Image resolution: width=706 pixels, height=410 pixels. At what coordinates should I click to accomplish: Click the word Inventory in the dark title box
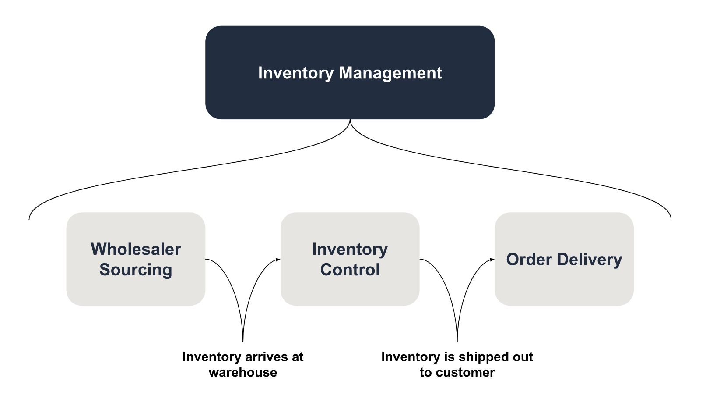coord(295,73)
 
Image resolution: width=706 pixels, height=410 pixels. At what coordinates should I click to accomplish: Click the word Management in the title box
coord(390,73)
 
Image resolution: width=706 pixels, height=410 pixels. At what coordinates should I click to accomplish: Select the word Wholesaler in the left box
coord(136,249)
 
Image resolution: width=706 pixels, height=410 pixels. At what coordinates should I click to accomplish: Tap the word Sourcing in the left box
coord(136,269)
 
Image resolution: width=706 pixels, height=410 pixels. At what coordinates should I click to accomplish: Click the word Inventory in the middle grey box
coord(350,249)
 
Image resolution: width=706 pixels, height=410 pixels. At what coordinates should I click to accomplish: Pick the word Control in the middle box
coord(350,269)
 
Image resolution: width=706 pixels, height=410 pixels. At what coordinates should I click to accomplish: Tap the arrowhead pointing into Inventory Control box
coord(278,260)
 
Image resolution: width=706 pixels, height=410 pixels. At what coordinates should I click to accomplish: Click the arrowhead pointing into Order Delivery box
coord(492,260)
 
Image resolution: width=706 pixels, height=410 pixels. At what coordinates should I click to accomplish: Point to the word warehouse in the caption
coord(243,372)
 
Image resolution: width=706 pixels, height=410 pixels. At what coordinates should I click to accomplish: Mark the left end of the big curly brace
coord(29,218)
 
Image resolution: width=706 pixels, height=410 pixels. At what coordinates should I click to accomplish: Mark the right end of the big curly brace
coord(671,218)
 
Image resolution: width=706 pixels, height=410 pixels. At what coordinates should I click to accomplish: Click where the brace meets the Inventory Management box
coord(350,120)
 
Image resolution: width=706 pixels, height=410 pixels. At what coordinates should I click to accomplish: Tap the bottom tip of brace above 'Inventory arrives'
coord(243,341)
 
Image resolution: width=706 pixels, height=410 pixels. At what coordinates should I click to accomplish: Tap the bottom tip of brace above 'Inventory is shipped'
coord(457,341)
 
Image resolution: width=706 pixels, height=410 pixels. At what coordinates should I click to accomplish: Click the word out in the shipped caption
coord(523,357)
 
